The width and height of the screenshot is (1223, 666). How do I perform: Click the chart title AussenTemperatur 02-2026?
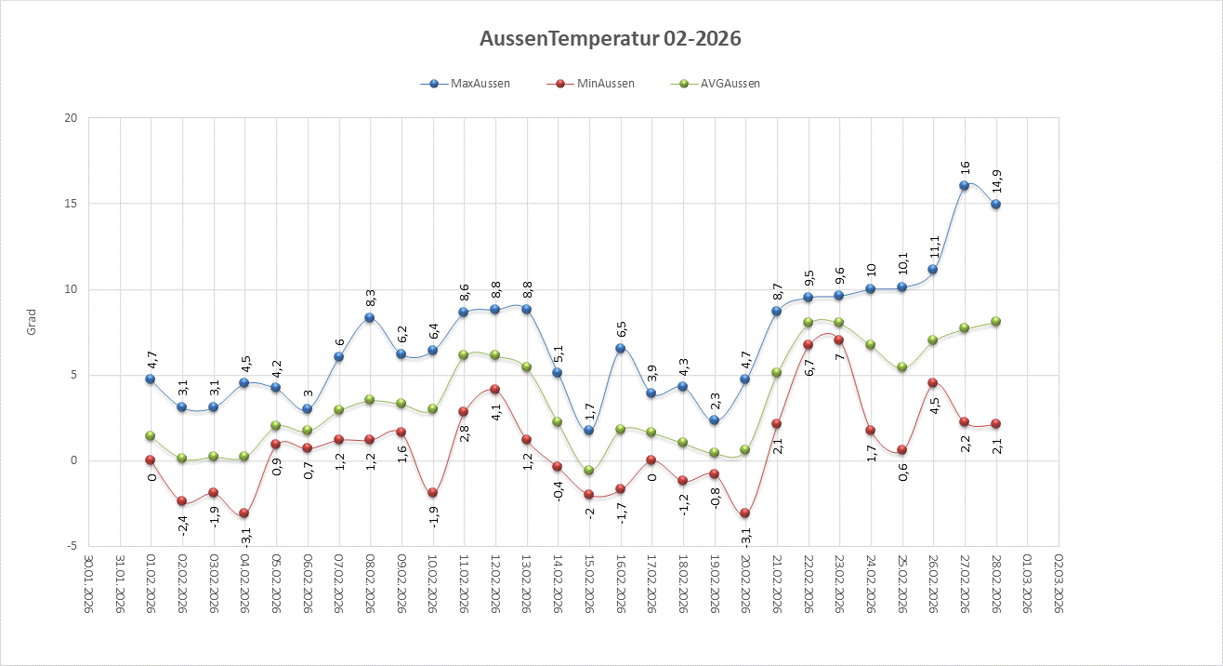pyautogui.click(x=611, y=39)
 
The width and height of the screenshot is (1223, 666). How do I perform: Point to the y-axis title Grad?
pyautogui.click(x=31, y=323)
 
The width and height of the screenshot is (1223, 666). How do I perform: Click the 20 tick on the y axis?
pyautogui.click(x=71, y=118)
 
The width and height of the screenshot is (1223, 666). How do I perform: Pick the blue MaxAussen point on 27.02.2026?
pyautogui.click(x=965, y=185)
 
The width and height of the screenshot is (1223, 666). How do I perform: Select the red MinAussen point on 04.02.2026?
pyautogui.click(x=244, y=513)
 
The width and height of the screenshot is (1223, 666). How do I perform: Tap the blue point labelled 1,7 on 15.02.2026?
pyautogui.click(x=588, y=431)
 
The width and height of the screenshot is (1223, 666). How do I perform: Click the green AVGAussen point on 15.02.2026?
pyautogui.click(x=588, y=470)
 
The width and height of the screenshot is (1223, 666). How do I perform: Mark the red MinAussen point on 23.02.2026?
pyautogui.click(x=839, y=340)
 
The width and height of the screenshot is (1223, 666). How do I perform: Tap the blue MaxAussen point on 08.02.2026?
pyautogui.click(x=370, y=317)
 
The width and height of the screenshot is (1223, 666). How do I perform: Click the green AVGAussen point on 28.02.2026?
pyautogui.click(x=996, y=321)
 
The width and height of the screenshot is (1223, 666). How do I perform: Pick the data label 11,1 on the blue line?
pyautogui.click(x=934, y=246)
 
